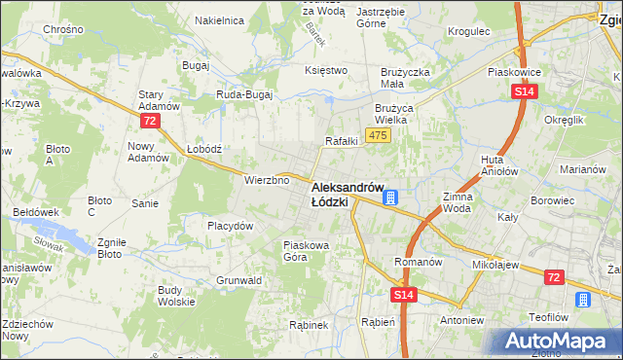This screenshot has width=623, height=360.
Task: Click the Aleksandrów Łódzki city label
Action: click(x=348, y=194)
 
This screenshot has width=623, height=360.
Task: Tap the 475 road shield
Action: click(x=378, y=135)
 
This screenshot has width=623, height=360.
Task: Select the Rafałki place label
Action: click(x=342, y=141)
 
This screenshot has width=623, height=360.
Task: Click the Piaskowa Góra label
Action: click(x=308, y=251)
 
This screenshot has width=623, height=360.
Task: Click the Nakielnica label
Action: click(x=218, y=19)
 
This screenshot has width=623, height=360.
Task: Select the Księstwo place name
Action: click(x=326, y=70)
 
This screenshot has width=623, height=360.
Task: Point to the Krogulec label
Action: click(x=467, y=31)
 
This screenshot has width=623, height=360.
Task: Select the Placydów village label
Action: click(x=231, y=225)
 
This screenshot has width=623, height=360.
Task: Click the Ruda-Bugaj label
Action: click(x=243, y=94)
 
